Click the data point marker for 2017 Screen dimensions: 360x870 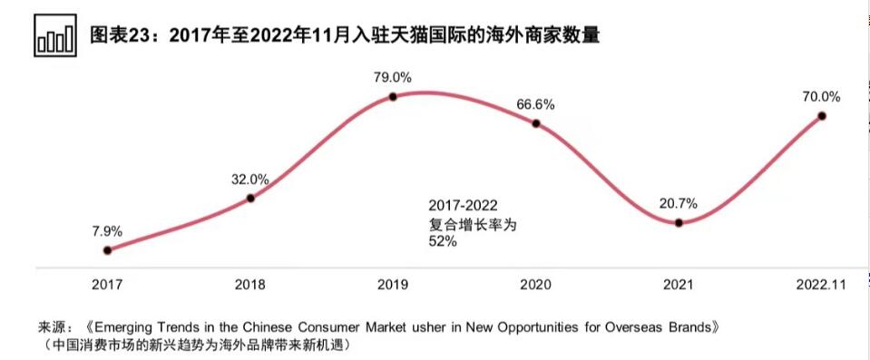[x=108, y=250]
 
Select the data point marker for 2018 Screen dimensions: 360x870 [x=250, y=198]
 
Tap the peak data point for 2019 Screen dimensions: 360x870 [x=393, y=96]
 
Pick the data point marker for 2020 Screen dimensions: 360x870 [x=536, y=123]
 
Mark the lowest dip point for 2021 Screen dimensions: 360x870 [x=679, y=222]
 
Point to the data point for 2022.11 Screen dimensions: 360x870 [x=822, y=115]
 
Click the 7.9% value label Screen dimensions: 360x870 [x=107, y=230]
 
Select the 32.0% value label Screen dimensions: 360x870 [x=250, y=179]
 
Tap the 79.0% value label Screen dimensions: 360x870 [x=393, y=76]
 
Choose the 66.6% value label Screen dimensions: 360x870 [x=536, y=104]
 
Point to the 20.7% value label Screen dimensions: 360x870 [x=679, y=202]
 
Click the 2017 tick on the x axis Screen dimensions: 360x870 [x=107, y=285]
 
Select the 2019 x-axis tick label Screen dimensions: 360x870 [x=393, y=285]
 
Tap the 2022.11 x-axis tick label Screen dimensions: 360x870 [x=821, y=285]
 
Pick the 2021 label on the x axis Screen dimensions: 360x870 [x=679, y=285]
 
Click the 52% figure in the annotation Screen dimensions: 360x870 [x=443, y=241]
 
